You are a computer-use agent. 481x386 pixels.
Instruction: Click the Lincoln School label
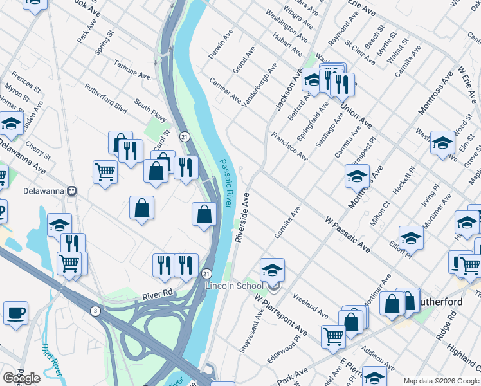pos(233,286)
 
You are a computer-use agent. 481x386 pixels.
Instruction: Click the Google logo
pos(21,378)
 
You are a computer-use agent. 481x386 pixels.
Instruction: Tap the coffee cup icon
pos(15,312)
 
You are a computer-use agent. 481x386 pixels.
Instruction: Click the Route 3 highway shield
pos(95,311)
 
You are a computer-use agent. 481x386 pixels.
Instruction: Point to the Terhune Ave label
pos(132,69)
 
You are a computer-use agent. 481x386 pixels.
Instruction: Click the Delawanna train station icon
pos(73,191)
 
